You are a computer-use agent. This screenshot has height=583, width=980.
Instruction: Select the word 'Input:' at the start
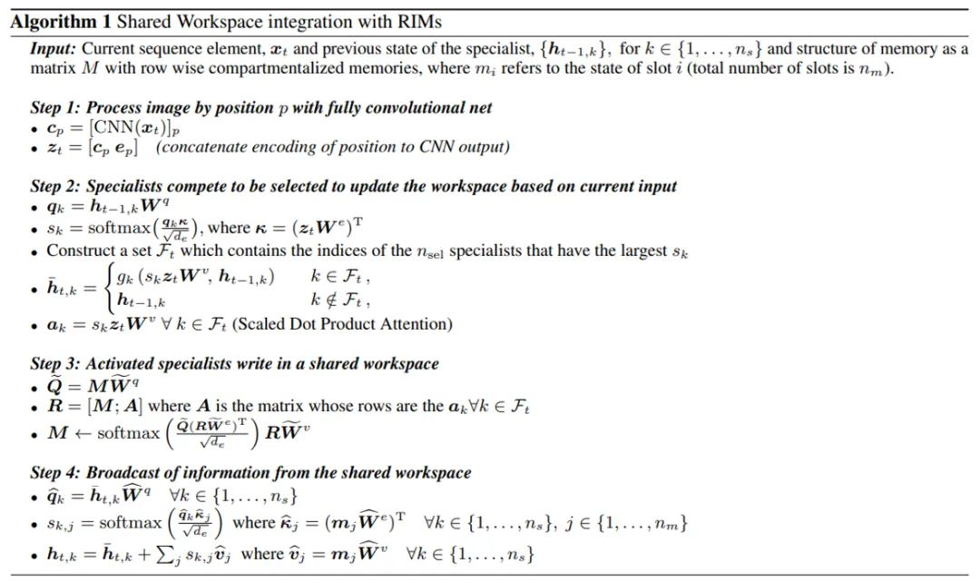tap(52, 48)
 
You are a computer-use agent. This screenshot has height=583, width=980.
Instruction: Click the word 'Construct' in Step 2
tap(76, 251)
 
